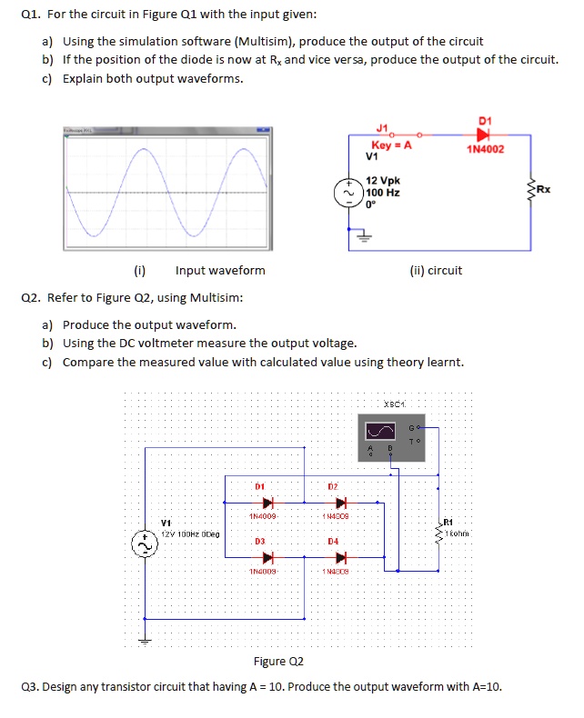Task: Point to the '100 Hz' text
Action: (381, 193)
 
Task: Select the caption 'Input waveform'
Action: (220, 270)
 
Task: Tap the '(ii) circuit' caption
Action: (436, 270)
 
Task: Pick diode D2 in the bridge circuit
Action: (342, 502)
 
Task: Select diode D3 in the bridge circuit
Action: (268, 556)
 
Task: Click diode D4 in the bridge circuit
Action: (342, 556)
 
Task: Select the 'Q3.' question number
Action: (30, 686)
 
